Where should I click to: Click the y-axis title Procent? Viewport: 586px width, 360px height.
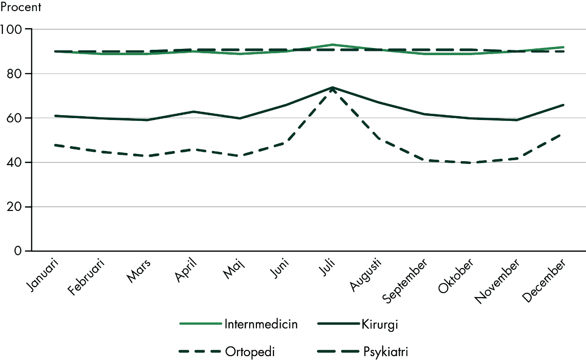point(21,7)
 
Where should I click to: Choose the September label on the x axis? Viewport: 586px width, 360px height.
point(405,281)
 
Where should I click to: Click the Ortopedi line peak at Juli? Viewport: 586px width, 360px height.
point(332,89)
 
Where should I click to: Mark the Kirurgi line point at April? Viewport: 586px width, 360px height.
point(194,112)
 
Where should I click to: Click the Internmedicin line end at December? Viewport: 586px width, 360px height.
point(564,47)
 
